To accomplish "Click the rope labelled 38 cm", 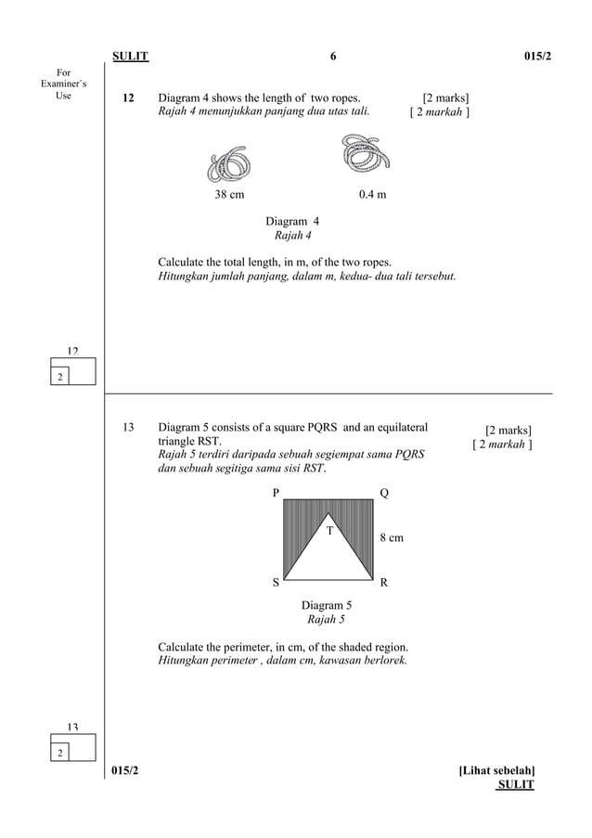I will point(230,164).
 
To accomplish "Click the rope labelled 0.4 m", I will point(364,155).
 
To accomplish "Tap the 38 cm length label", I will point(230,195).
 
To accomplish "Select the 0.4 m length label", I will point(373,195).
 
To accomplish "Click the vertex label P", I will point(276,494).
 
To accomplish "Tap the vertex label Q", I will point(384,494).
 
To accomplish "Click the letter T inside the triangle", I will point(328,531).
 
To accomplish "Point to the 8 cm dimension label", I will point(393,537).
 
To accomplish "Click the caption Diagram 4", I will point(292,222).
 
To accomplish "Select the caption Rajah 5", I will point(326,620).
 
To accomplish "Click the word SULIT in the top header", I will point(130,57).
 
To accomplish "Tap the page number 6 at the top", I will point(332,57).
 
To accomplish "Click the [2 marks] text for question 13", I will point(508,431).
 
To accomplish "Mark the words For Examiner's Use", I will point(64,84).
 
